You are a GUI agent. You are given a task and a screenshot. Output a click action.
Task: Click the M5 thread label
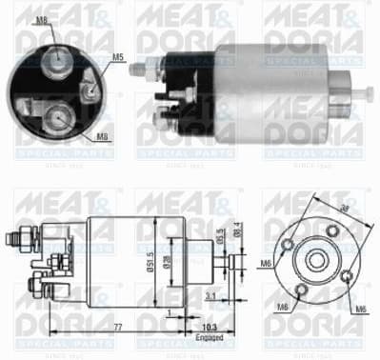pos(119,58)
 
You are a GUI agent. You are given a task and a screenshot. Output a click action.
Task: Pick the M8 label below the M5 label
pos(102,137)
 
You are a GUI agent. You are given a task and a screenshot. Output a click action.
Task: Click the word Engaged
pos(211,336)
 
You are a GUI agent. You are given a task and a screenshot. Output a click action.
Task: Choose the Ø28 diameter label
pos(167,259)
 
